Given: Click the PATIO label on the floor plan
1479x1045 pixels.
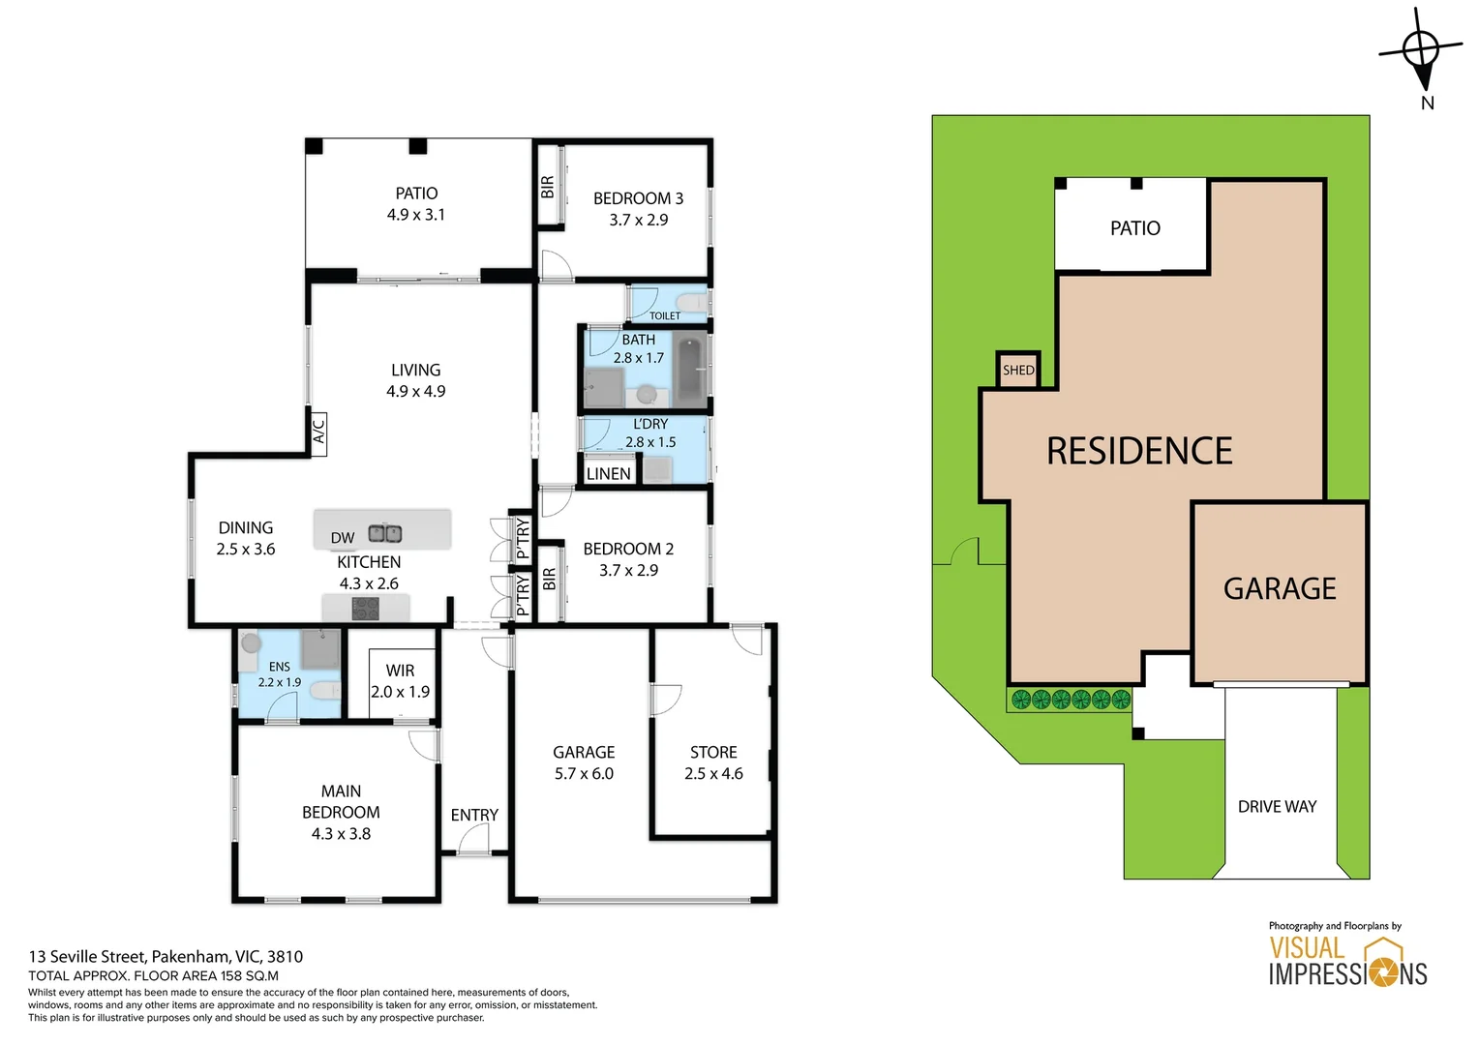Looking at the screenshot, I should point(416,194).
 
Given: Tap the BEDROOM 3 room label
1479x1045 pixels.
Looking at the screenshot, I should point(638,198).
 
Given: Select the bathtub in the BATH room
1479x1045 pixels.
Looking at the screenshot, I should point(689,371).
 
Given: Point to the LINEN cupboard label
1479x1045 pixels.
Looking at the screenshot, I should point(609,473).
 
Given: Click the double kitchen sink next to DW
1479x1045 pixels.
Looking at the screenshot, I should point(385,532).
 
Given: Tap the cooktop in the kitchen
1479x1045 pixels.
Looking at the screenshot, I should point(365,609).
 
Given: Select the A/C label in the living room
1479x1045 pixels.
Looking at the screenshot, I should point(318,431).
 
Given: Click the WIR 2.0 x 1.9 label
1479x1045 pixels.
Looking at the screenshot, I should point(400,681).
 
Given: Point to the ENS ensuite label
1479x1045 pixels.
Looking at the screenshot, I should point(279,667).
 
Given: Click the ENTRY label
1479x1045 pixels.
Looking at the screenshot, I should point(474,815).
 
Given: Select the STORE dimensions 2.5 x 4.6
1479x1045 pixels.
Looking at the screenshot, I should point(713,774).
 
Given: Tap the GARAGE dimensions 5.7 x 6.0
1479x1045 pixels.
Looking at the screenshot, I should point(584,774).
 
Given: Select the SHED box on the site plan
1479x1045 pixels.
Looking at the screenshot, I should point(1018,370).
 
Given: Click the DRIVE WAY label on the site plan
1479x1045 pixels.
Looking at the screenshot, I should point(1277,806).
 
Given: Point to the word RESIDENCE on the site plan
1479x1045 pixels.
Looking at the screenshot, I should point(1139,451).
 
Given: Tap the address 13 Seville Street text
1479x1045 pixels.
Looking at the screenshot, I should point(166,956).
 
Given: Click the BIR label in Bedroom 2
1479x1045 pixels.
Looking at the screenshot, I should point(550,580).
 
